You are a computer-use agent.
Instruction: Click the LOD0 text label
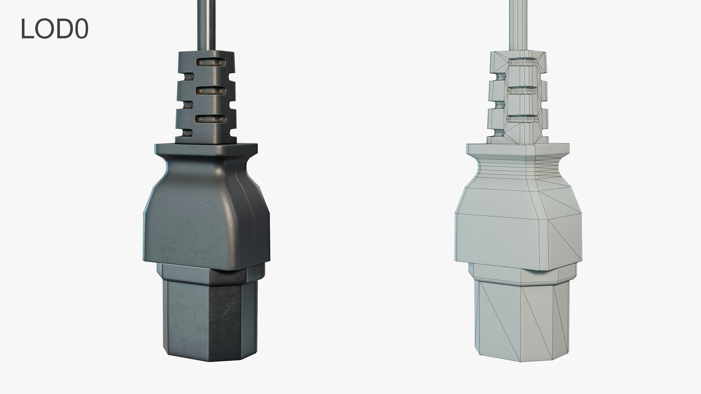coord(54,29)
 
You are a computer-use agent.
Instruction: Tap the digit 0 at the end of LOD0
coord(81,29)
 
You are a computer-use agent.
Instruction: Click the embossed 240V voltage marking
coord(199,252)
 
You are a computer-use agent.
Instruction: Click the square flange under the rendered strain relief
coord(206,149)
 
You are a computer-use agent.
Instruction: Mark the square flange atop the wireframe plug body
coord(518,149)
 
